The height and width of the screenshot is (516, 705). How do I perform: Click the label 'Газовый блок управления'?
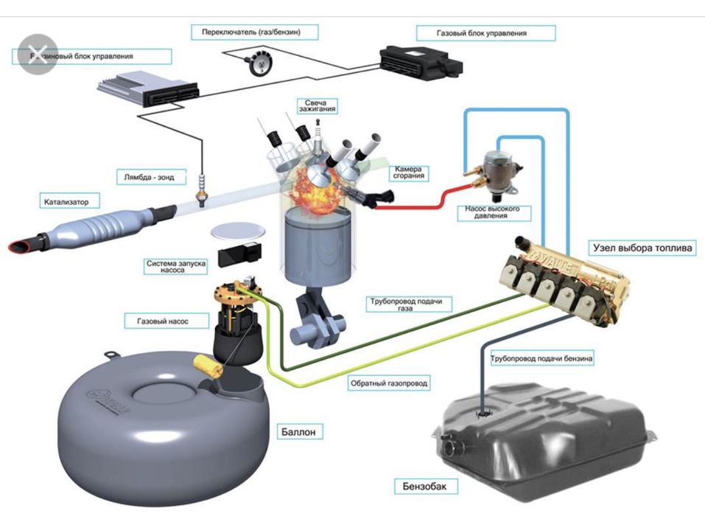pos(485,33)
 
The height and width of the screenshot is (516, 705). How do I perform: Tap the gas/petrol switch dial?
pos(259,63)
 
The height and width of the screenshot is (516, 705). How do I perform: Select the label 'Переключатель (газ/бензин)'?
pos(255,32)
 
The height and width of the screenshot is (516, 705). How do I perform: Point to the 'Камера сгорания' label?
pos(409,172)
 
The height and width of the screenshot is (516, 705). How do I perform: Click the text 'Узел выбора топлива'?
pos(641,248)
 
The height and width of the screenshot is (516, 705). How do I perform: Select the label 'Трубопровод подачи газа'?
pos(410,304)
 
